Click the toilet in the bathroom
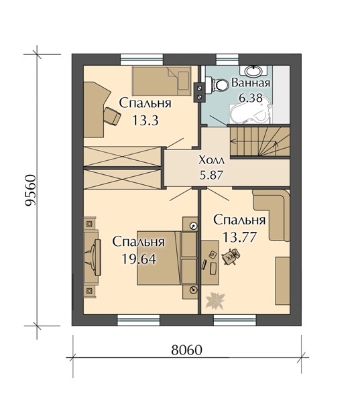click(x=217, y=84)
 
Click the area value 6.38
click(x=251, y=97)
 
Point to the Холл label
click(x=212, y=161)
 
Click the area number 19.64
click(x=139, y=259)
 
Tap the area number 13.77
click(x=239, y=237)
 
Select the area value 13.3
click(x=145, y=120)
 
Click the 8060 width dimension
click(x=186, y=350)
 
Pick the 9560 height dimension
click(x=30, y=190)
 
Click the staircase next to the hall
click(x=259, y=141)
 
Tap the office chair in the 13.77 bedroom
click(x=231, y=256)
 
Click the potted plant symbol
click(x=215, y=300)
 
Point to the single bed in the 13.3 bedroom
click(x=162, y=81)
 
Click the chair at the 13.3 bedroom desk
click(x=112, y=116)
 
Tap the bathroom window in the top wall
click(x=228, y=60)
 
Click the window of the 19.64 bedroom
click(x=139, y=320)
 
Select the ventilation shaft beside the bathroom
click(x=200, y=92)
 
